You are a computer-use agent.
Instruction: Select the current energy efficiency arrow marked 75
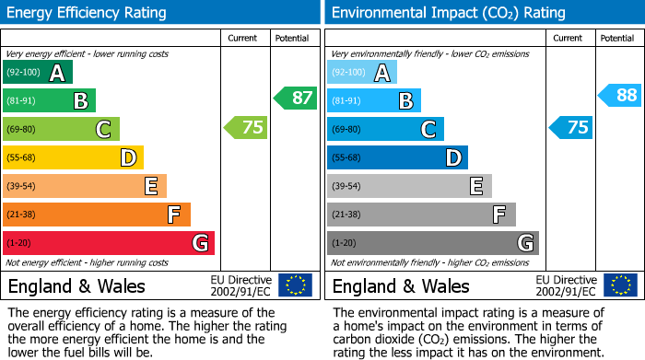[x=247, y=127]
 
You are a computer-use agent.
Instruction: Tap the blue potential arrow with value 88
[x=620, y=95]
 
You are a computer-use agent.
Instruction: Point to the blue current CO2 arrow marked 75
[x=571, y=127]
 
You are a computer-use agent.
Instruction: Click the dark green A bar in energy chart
[x=38, y=73]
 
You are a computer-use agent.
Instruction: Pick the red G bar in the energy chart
[x=109, y=243]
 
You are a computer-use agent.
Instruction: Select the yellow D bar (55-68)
[x=73, y=158]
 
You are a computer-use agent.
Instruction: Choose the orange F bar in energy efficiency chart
[x=97, y=215]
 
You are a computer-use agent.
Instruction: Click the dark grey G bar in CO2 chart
[x=432, y=243]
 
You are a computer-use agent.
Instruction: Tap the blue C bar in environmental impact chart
[x=385, y=129]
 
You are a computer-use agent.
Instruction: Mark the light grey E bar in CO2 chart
[x=409, y=186]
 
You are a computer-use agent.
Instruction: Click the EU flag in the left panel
[x=295, y=285]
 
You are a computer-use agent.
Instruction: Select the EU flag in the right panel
[x=619, y=285]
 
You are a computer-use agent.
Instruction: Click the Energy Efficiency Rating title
[x=88, y=13]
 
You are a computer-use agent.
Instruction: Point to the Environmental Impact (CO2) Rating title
[x=448, y=13]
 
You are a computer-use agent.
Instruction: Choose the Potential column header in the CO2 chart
[x=616, y=38]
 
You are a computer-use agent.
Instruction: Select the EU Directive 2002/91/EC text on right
[x=566, y=285]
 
